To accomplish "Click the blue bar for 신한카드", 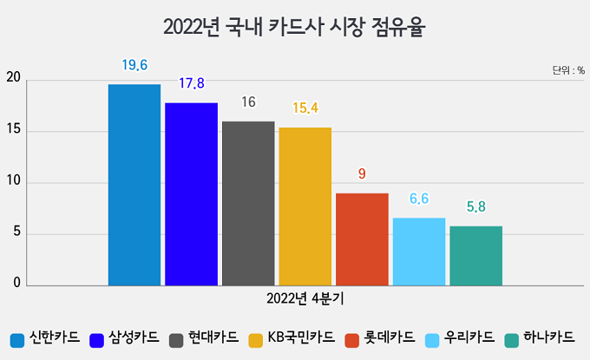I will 134,185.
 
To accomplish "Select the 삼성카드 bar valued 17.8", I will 191,194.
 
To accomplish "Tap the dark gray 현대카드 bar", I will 248,204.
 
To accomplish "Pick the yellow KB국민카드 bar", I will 305,206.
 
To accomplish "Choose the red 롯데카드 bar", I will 362,239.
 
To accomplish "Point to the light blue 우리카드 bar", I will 418,252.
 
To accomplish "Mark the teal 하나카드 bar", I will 475,256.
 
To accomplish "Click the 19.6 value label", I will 134,64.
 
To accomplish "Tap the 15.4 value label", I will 305,108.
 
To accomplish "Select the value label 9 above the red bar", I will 362,173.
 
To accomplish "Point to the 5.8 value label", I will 475,206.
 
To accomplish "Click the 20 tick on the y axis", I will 12,81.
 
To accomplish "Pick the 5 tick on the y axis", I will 16,234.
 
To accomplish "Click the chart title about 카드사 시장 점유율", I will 295,28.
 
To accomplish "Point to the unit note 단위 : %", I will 568,69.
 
